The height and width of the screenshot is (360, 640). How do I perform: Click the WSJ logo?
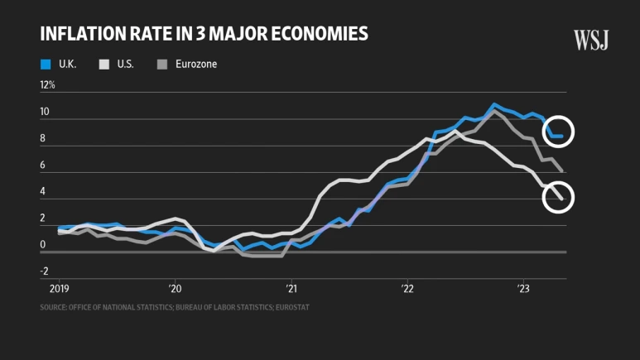(591, 39)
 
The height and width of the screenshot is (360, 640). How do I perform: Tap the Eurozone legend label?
(195, 64)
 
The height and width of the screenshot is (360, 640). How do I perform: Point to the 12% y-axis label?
(47, 85)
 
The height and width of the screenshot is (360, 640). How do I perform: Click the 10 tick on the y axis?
(45, 112)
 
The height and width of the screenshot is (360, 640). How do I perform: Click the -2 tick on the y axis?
(45, 271)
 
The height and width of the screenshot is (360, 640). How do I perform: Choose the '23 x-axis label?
(523, 289)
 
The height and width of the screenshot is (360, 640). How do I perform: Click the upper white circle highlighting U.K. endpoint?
(558, 132)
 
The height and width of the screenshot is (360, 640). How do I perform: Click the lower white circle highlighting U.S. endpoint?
(558, 198)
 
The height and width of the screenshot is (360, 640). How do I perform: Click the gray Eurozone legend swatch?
(162, 64)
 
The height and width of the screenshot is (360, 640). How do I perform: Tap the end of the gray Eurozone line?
(562, 171)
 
